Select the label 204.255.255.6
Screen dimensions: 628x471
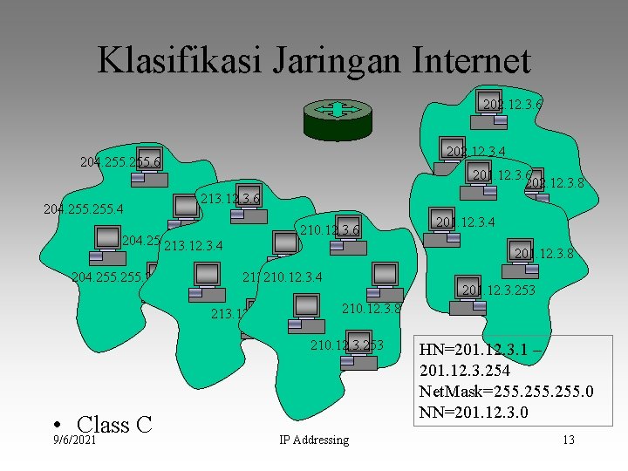119,162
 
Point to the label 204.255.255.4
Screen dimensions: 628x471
84,209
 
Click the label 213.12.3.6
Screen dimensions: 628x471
230,200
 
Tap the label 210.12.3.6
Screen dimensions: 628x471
330,230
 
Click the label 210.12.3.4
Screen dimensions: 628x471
293,278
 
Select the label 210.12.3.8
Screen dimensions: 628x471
372,308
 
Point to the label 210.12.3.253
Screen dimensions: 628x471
346,345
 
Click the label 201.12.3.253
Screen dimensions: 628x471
499,290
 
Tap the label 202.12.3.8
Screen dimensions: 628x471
555,184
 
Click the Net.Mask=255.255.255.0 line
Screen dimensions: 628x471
506,391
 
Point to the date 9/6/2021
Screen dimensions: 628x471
73,440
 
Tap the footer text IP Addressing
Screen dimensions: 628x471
313,440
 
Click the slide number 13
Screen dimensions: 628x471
568,440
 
